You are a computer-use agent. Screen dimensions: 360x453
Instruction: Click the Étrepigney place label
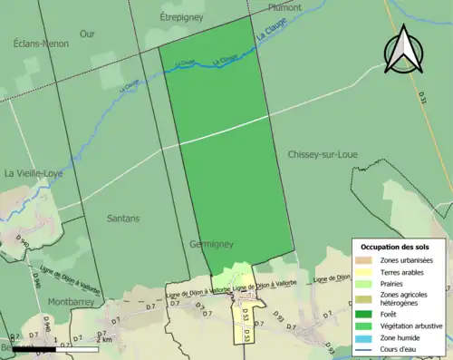click(184, 16)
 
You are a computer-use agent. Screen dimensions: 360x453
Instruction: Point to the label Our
click(87, 34)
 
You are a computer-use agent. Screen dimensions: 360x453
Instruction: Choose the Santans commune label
click(123, 219)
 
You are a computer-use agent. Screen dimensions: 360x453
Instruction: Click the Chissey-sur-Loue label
click(322, 155)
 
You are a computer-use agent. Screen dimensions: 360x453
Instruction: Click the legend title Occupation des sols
click(397, 248)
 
